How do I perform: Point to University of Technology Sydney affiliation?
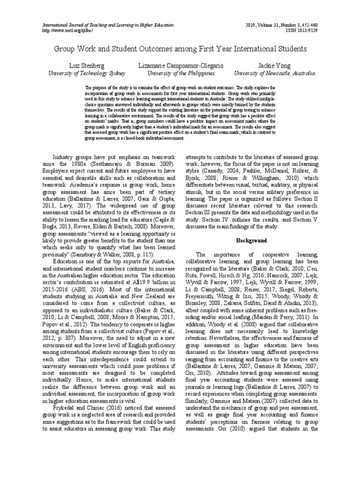click(87, 74)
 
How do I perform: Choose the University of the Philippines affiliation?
click(181, 74)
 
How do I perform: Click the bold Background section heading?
click(251, 240)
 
